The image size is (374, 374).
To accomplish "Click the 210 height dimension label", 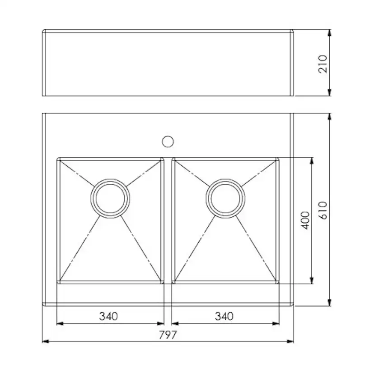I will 323,64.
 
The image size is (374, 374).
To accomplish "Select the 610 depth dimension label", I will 323,210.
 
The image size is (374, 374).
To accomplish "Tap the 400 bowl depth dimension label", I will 305,220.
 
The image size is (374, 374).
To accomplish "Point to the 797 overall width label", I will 168,335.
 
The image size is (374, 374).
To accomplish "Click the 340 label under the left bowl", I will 108,316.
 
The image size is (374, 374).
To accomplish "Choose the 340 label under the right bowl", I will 224,316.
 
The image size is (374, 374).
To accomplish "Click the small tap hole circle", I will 168,142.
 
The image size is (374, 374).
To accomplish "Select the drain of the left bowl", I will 110,198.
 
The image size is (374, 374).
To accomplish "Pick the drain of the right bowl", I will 225,198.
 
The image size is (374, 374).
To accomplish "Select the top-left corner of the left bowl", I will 58,159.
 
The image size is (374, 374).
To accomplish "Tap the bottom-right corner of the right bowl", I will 277,282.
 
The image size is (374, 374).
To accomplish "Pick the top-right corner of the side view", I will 293,31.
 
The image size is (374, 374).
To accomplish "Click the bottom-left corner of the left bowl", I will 58,282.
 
